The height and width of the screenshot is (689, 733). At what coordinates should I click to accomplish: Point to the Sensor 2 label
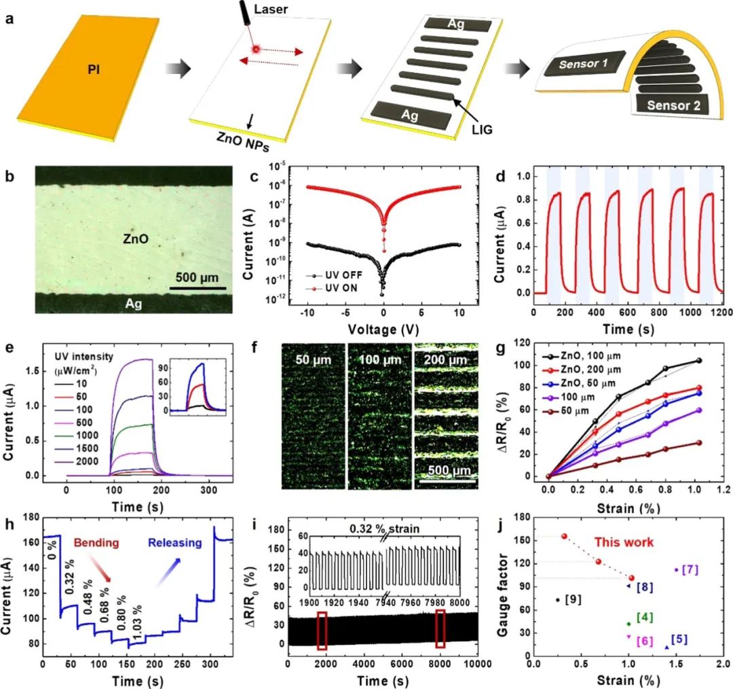tap(677, 105)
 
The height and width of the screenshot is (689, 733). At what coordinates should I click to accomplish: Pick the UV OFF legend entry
tap(335, 277)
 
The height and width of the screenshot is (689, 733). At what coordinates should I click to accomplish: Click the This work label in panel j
tap(624, 542)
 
